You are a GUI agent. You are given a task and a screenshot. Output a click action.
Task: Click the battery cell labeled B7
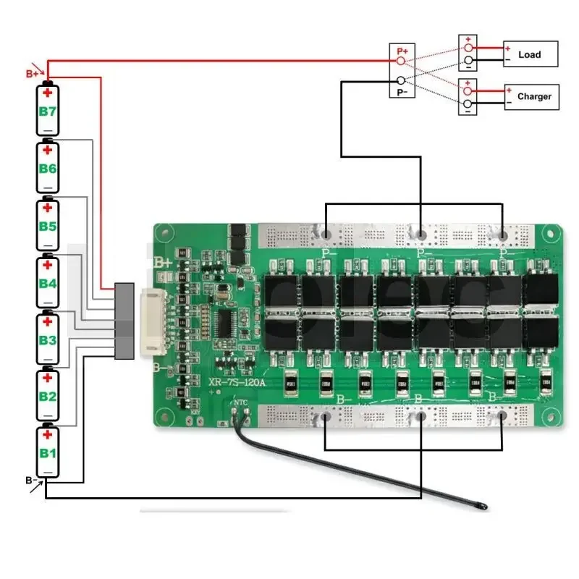point(48,110)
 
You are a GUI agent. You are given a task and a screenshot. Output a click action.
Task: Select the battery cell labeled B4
point(48,282)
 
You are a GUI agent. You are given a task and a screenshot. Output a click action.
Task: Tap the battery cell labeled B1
point(48,452)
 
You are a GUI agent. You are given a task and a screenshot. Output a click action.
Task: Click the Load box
point(531,54)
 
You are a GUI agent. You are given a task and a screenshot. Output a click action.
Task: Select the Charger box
point(532,96)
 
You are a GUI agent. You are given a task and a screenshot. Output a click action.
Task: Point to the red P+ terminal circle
point(400,61)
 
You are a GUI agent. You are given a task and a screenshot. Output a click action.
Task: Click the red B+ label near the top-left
point(33,73)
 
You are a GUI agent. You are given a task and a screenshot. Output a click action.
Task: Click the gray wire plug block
point(124,321)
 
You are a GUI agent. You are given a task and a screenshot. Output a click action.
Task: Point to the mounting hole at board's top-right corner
point(554,235)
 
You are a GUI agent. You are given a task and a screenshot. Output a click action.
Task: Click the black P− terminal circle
point(400,82)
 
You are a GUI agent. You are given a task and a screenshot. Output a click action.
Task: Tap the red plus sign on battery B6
point(48,151)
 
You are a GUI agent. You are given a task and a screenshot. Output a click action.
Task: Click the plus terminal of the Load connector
point(468,48)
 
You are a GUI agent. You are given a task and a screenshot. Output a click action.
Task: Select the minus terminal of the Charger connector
point(468,103)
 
